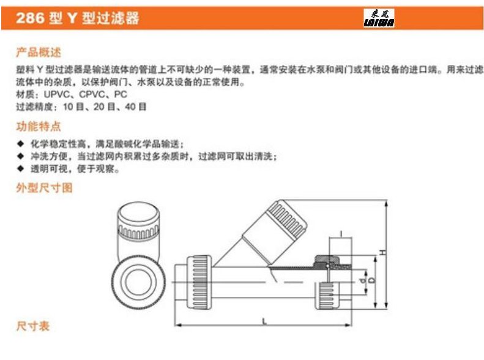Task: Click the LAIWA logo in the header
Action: coord(379,18)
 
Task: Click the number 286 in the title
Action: coord(30,18)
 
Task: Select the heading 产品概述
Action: coord(39,53)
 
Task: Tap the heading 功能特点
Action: coord(39,126)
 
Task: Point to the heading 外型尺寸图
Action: coord(45,188)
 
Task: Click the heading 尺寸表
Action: coord(32,326)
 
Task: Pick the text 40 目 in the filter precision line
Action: coord(135,107)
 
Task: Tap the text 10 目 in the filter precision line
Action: coord(73,107)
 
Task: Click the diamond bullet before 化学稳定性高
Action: coord(21,143)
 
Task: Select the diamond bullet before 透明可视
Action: coord(21,168)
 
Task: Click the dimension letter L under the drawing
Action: coord(264,321)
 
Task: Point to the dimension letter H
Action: coord(383,253)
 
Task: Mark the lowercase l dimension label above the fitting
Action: coord(341,234)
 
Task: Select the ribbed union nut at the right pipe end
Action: coord(327,296)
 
